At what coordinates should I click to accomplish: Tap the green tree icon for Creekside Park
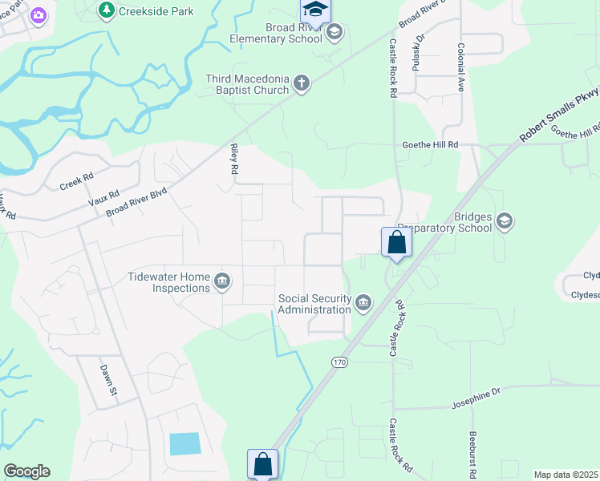click(x=106, y=10)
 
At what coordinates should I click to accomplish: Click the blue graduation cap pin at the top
click(x=315, y=10)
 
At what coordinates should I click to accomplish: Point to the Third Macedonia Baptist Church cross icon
click(x=302, y=83)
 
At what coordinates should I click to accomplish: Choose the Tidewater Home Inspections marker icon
click(x=223, y=281)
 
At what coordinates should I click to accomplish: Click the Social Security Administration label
click(x=314, y=304)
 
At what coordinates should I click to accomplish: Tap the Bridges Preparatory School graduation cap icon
click(x=504, y=221)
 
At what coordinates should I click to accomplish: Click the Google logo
click(x=26, y=471)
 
